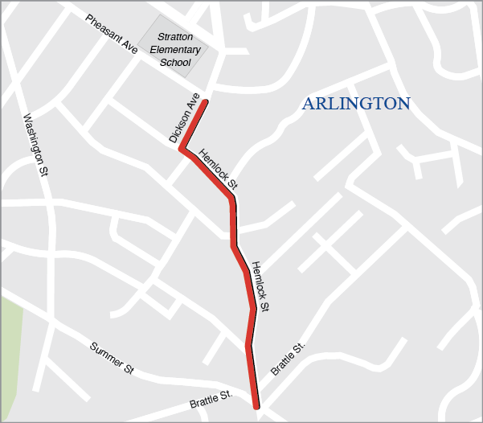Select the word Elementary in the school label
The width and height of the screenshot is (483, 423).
coord(175,50)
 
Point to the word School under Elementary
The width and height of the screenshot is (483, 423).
coord(175,62)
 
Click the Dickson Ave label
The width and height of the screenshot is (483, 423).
coord(184,119)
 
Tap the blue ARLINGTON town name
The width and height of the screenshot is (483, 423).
coord(356,104)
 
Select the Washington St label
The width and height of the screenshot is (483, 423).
coord(35,145)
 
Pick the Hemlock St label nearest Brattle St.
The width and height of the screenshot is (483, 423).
coord(260,286)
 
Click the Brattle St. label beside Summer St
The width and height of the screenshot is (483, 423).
coord(211,397)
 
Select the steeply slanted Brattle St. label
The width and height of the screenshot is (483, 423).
coord(289,359)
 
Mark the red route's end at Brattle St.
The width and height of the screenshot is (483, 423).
coord(256,406)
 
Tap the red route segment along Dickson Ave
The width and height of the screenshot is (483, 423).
coord(195,125)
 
